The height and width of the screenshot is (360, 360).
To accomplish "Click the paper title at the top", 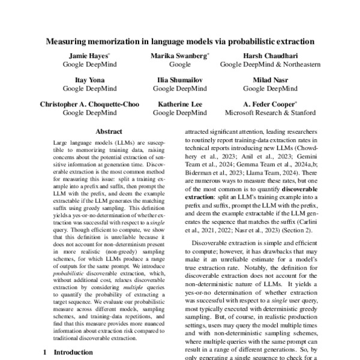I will (180, 42).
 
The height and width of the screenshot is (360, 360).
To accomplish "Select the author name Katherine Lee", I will (179, 104).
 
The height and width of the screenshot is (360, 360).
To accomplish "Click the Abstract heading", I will (109, 131).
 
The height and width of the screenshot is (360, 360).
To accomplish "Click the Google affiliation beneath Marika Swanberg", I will (179, 64).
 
